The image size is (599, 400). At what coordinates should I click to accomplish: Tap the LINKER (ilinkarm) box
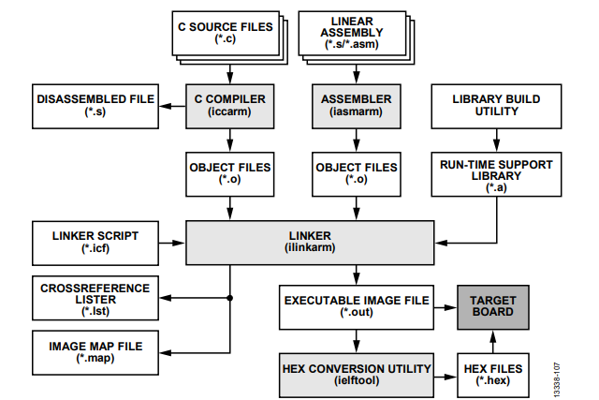click(x=309, y=242)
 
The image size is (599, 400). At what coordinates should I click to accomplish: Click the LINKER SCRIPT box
click(x=91, y=242)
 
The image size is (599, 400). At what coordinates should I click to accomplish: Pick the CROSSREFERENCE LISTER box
click(x=91, y=297)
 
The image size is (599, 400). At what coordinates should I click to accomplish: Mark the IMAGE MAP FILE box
click(x=91, y=352)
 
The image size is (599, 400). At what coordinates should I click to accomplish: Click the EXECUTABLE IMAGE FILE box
click(x=355, y=307)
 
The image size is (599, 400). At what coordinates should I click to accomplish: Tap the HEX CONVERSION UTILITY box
click(x=355, y=373)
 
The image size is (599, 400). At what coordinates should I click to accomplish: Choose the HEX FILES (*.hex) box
click(x=493, y=373)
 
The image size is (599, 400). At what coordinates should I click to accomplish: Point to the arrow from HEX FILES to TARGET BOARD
click(x=493, y=341)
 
